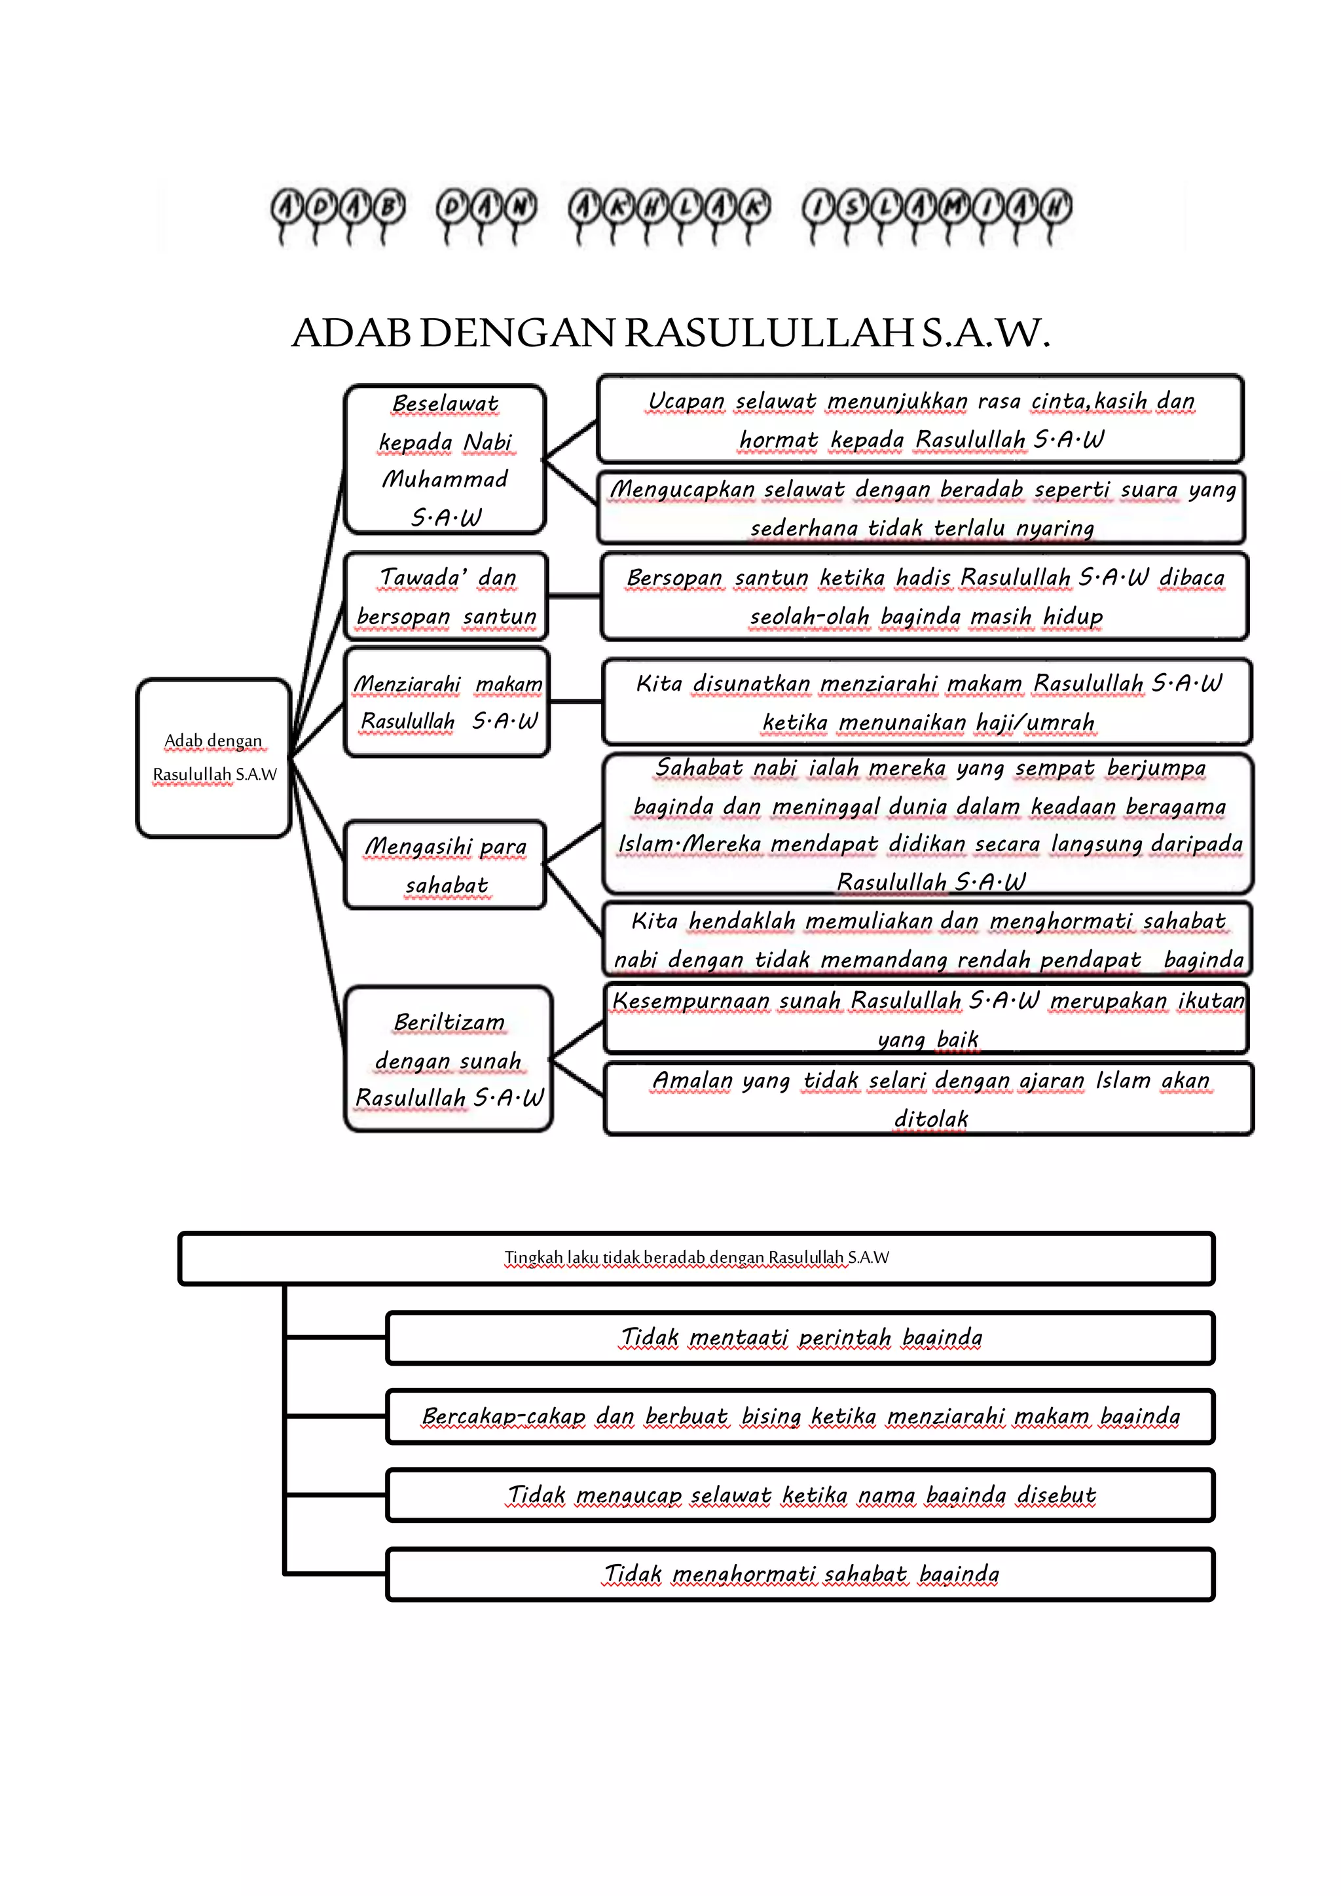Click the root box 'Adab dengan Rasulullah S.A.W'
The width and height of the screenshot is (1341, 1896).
point(213,757)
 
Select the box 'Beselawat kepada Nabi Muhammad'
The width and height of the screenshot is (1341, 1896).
point(445,459)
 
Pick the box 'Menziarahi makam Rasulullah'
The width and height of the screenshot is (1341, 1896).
point(447,702)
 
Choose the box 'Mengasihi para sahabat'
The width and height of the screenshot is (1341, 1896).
point(445,865)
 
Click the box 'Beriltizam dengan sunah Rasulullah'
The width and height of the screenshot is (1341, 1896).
point(449,1059)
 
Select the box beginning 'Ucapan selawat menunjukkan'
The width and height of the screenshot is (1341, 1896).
point(920,418)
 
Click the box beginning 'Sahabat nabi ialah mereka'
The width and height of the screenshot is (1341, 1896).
point(928,824)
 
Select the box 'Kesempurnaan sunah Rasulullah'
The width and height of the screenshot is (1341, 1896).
point(927,1018)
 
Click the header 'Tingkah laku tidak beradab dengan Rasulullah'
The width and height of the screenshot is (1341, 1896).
point(696,1258)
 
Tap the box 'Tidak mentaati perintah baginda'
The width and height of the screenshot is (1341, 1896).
point(800,1337)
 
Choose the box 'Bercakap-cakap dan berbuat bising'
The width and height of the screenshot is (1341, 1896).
point(800,1416)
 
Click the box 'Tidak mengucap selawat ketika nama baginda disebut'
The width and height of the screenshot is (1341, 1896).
point(800,1495)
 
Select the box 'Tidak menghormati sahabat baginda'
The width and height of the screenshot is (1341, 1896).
point(800,1574)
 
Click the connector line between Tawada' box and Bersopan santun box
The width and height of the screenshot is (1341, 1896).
point(574,595)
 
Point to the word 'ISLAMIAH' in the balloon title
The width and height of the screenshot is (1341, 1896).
point(936,208)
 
